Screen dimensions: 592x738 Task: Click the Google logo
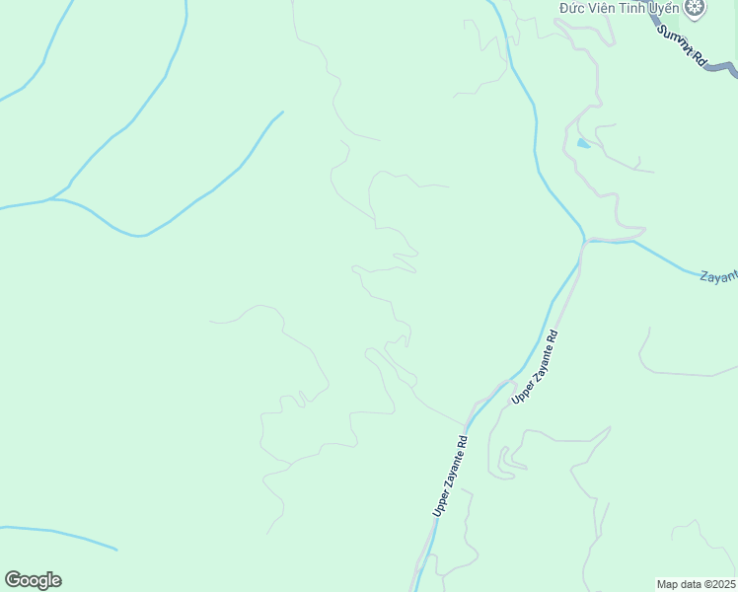33,580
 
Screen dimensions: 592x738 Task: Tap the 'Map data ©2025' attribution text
696,584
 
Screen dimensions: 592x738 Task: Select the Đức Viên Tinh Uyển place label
619,8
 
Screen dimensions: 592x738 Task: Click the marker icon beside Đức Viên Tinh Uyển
696,9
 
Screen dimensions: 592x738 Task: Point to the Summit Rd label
683,45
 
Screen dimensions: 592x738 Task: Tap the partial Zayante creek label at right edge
718,277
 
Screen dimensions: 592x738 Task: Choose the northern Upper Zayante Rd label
536,367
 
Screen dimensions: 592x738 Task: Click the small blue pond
583,144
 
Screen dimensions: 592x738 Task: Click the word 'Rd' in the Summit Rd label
699,58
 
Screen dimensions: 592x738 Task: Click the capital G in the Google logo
13,580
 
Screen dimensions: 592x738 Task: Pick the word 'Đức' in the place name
573,8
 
